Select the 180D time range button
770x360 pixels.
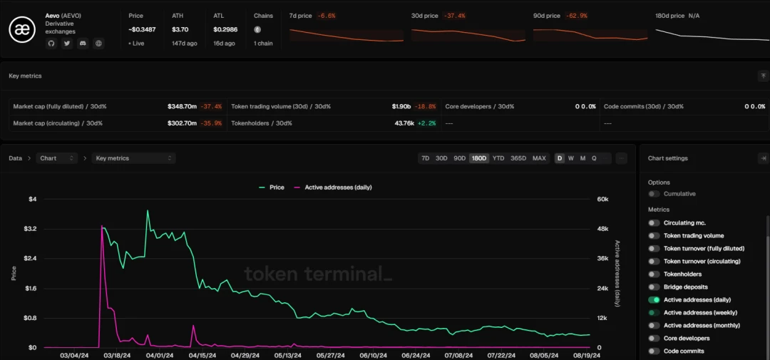click(x=478, y=158)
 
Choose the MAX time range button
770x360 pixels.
click(x=539, y=158)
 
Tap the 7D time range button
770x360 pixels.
click(x=426, y=158)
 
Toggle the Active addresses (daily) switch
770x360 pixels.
click(x=654, y=300)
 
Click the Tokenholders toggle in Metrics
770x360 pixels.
click(x=654, y=274)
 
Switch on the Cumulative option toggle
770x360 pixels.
click(x=654, y=194)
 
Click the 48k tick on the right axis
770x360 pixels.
click(x=602, y=229)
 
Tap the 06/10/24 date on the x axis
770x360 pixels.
click(x=373, y=355)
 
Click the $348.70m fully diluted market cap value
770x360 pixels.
click(x=182, y=106)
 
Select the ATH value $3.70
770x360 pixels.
click(x=180, y=29)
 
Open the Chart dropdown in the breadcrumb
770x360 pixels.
click(x=58, y=158)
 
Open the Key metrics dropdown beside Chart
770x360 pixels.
click(x=134, y=158)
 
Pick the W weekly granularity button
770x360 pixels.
click(x=571, y=158)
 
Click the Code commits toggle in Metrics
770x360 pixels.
click(x=654, y=351)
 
